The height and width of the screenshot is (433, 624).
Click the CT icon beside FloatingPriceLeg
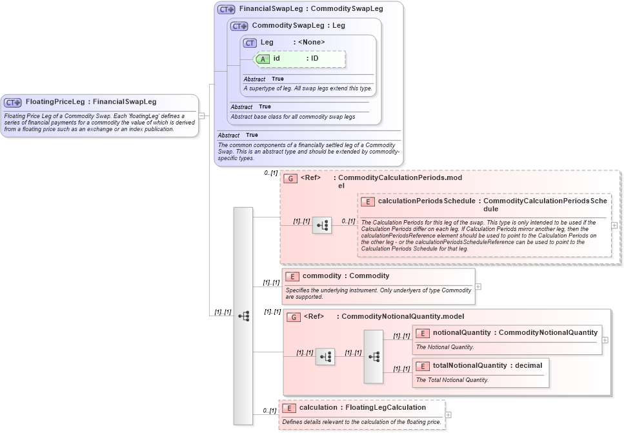[x=13, y=102]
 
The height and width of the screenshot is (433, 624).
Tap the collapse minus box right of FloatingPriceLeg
[x=202, y=116]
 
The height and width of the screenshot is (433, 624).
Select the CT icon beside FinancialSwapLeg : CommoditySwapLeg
[x=226, y=10]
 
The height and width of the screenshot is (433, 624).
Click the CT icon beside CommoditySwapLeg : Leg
[x=239, y=26]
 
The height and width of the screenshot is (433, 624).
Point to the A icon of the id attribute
[x=263, y=59]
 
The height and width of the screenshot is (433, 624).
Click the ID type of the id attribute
[x=314, y=59]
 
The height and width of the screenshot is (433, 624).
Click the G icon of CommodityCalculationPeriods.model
[x=290, y=178]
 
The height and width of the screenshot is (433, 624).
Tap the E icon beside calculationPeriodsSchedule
[x=368, y=202]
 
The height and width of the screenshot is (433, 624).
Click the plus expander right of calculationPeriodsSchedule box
[x=614, y=226]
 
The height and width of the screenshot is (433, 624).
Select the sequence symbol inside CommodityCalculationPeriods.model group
[x=322, y=225]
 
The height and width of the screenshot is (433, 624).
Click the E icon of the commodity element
[x=292, y=276]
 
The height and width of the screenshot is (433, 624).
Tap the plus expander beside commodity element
[x=478, y=287]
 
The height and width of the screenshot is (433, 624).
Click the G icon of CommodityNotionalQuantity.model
[x=294, y=317]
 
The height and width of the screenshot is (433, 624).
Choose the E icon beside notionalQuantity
[x=423, y=333]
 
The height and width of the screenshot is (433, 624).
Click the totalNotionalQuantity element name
[x=470, y=366]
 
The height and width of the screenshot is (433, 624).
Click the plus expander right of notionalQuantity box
[x=605, y=339]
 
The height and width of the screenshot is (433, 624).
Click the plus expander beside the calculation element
[x=448, y=415]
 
